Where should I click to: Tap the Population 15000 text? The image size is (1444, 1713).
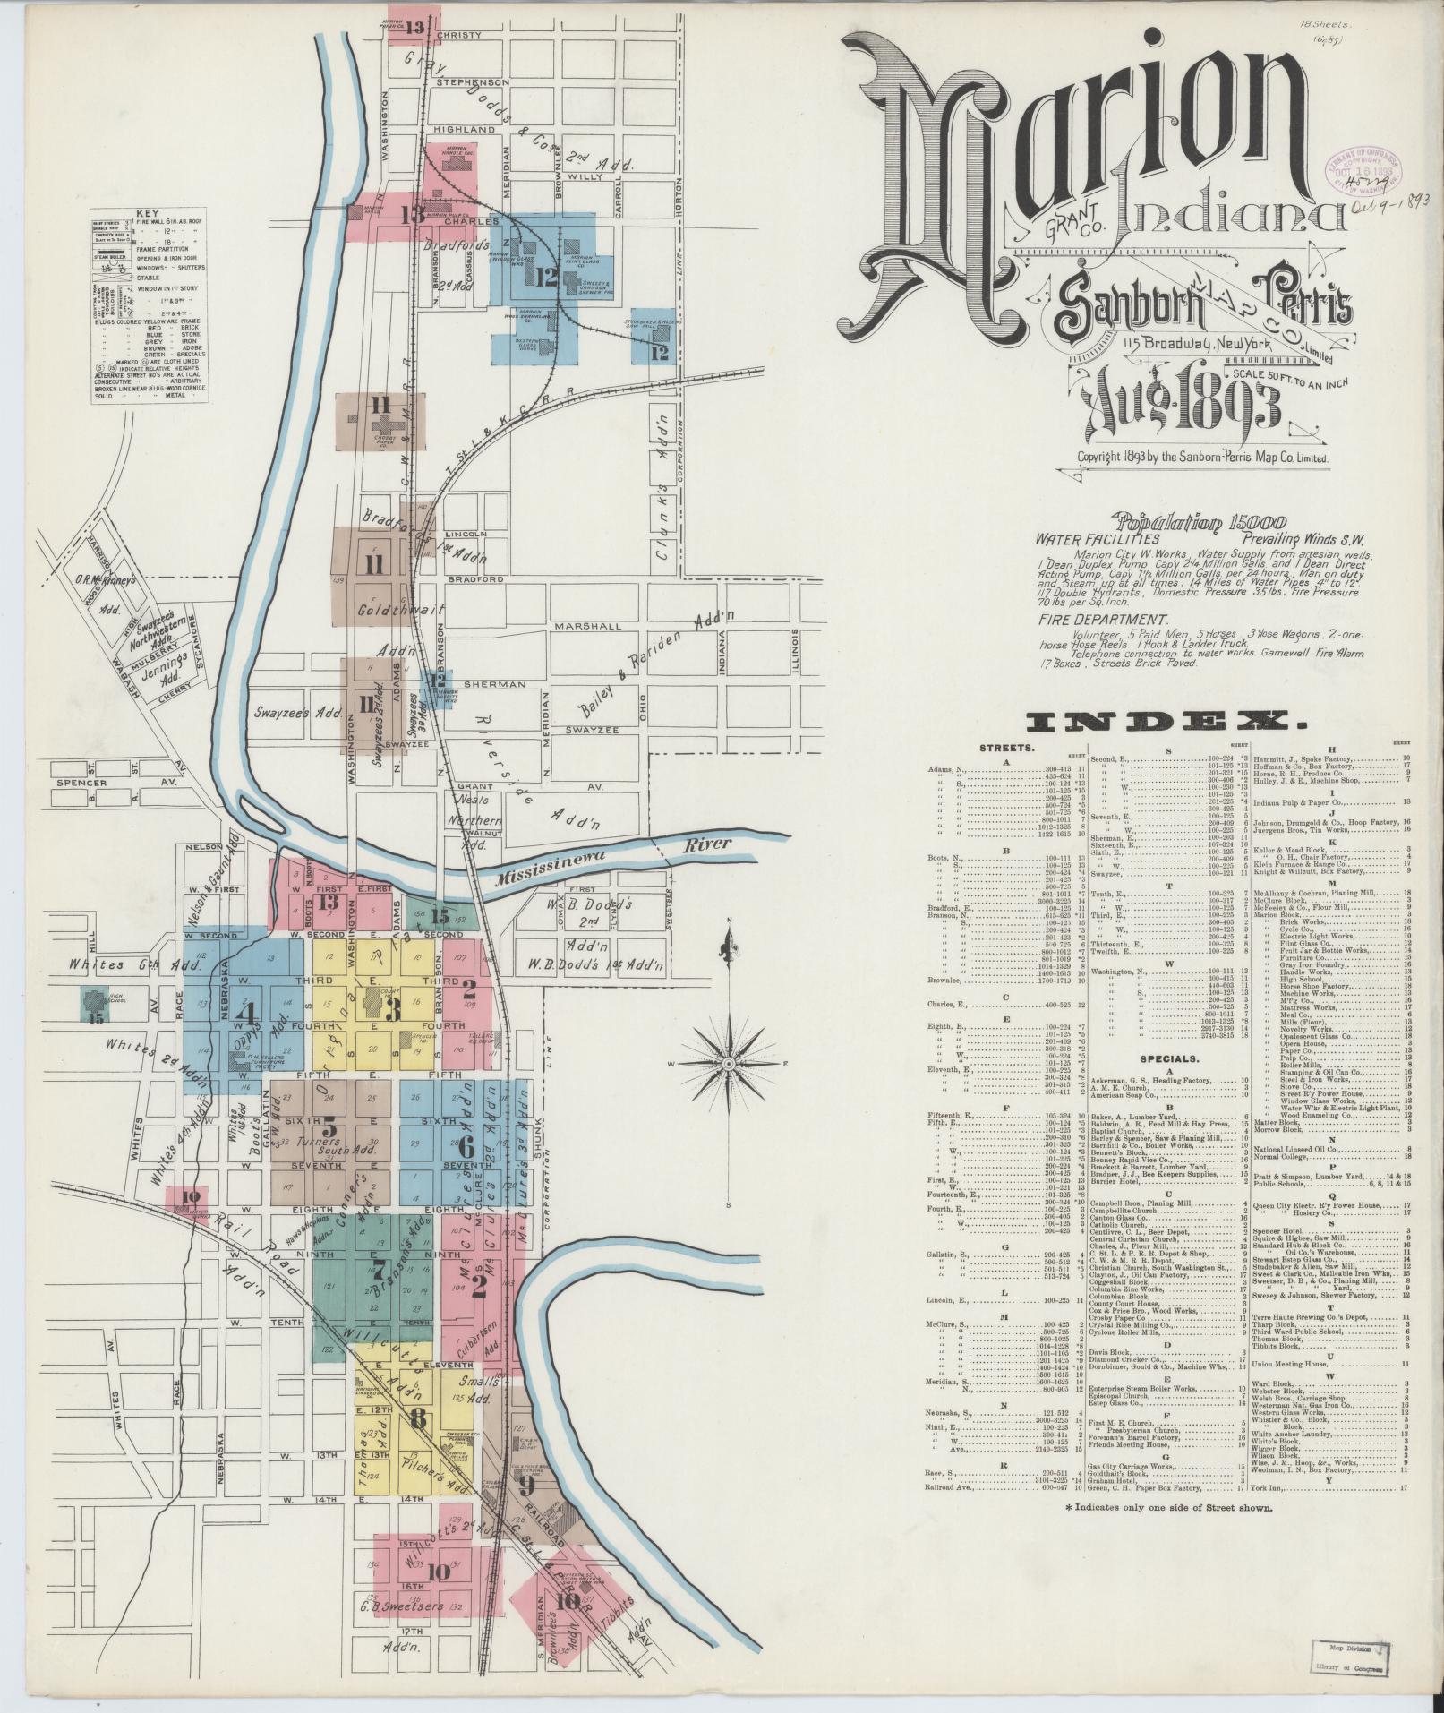point(1200,522)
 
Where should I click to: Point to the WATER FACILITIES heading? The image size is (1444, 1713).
point(1098,540)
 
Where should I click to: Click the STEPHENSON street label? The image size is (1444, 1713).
point(473,82)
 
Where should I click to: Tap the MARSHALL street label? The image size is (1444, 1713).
point(586,626)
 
